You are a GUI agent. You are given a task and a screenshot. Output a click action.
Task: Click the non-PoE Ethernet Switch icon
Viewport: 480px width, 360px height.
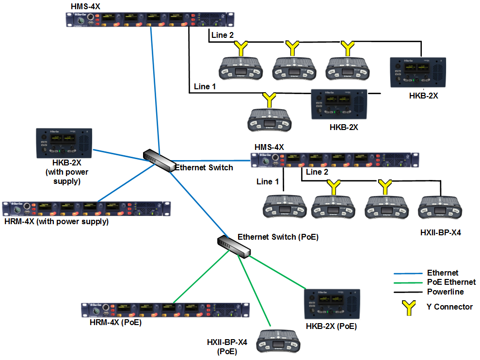pyautogui.click(x=159, y=160)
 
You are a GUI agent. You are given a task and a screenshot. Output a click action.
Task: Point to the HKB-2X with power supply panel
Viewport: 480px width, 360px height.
pyautogui.click(x=64, y=143)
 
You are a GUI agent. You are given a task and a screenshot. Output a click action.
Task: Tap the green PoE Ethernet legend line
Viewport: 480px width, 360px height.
pyautogui.click(x=407, y=282)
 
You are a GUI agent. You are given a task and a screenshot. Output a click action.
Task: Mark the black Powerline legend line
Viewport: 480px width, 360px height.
pyautogui.click(x=407, y=292)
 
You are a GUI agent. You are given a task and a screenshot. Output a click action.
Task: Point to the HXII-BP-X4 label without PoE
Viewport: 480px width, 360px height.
pyautogui.click(x=440, y=232)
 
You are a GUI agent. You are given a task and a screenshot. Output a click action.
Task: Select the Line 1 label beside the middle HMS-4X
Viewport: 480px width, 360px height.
pyautogui.click(x=268, y=181)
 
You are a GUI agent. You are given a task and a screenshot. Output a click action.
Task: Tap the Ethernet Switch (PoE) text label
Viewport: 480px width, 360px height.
pyautogui.click(x=278, y=237)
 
